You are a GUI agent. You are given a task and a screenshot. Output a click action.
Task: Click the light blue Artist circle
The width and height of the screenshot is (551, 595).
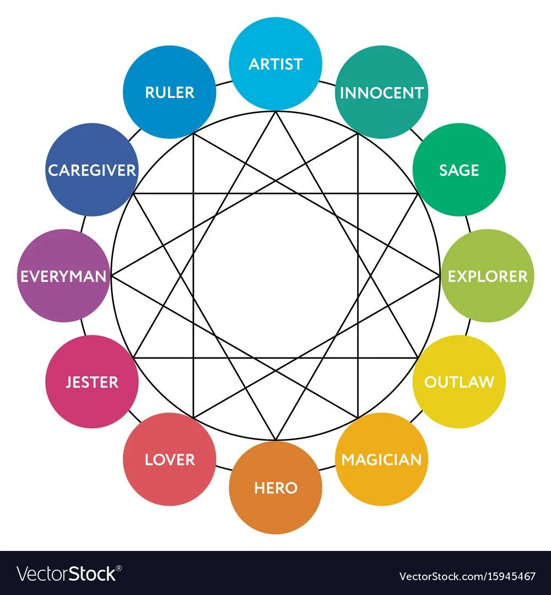(275, 63)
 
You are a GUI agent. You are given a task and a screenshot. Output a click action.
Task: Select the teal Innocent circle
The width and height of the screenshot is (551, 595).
(381, 92)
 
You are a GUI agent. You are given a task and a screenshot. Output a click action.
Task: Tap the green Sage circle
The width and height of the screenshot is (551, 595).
(459, 170)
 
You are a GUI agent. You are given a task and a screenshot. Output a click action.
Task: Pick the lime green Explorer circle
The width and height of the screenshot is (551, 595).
(488, 275)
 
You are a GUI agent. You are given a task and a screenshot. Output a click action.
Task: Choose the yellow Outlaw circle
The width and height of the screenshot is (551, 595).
(459, 381)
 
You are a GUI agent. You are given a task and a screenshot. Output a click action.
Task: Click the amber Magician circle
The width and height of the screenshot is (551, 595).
(381, 459)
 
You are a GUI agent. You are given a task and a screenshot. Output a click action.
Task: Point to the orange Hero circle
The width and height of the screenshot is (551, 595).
(275, 488)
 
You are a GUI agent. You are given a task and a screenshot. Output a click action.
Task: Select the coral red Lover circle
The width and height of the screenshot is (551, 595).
(170, 459)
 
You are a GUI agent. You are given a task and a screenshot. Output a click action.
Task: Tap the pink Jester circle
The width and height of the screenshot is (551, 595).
(92, 381)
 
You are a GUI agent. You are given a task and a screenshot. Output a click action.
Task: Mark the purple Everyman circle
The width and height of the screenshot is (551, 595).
(63, 275)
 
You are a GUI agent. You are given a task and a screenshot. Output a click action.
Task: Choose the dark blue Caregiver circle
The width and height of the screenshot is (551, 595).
(92, 170)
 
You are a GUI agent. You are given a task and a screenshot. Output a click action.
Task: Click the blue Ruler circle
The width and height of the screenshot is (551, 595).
(170, 92)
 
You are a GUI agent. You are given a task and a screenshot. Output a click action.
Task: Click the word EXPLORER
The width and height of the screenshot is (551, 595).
(488, 276)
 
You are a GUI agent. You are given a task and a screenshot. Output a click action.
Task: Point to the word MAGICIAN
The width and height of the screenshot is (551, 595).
(381, 459)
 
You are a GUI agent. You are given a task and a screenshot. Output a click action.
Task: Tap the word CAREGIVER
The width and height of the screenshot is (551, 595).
(92, 170)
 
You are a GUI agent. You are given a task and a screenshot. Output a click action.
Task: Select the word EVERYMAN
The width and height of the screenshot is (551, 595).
(63, 276)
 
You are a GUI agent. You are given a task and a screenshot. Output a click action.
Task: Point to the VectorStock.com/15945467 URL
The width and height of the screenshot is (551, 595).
(467, 577)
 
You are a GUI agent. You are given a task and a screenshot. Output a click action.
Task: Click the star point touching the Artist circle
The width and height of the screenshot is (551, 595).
(275, 111)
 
